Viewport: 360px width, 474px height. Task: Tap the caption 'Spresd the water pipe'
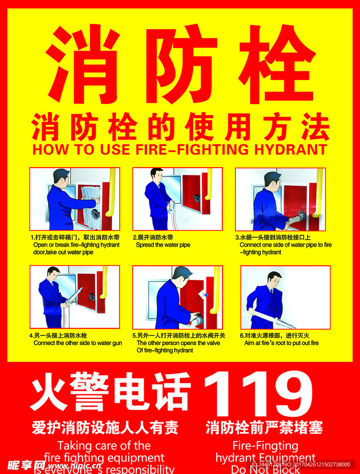[x=163, y=245]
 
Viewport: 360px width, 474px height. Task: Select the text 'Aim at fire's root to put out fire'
[x=281, y=343]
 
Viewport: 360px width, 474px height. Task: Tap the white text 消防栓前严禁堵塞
[x=264, y=427]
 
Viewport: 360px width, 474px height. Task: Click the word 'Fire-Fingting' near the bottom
[x=265, y=446]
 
